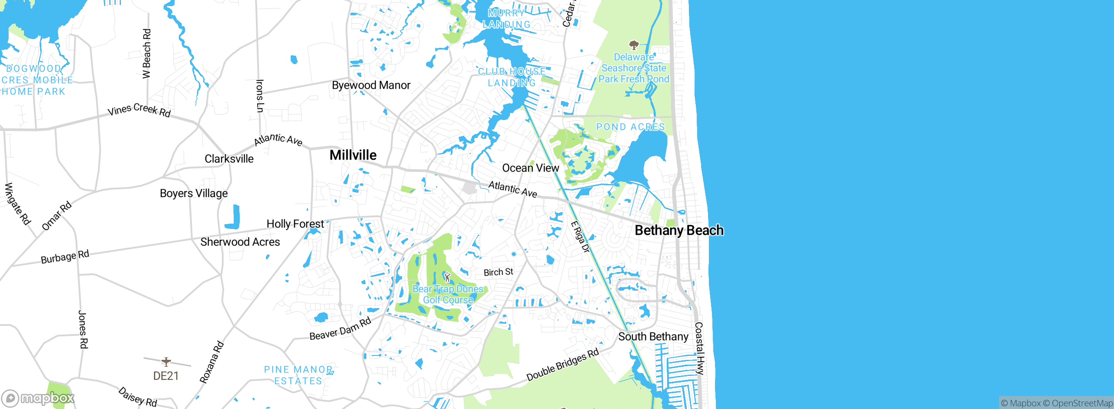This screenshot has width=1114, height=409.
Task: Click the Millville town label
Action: tap(353, 155)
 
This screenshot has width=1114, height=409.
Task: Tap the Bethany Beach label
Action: tap(679, 230)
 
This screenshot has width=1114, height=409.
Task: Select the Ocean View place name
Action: tap(530, 168)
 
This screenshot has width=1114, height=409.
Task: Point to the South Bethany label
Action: tap(653, 337)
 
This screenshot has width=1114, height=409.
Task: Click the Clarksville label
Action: tap(229, 159)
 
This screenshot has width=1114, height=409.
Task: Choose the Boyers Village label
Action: tap(194, 193)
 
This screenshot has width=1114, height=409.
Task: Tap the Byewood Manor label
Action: tap(371, 85)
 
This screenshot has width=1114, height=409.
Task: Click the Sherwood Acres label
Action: tap(240, 242)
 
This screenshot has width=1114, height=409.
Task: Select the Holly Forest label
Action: tap(295, 224)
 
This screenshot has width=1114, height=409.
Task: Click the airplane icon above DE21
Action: tap(166, 362)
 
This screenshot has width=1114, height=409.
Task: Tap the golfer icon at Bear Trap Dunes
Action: tap(447, 277)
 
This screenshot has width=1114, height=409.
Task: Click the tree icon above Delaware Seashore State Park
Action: tap(634, 45)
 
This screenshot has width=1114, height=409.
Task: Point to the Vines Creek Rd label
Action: tap(139, 110)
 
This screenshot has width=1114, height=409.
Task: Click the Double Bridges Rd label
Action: tap(562, 365)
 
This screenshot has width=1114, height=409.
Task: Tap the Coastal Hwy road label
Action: tap(699, 348)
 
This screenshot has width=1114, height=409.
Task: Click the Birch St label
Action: tap(498, 272)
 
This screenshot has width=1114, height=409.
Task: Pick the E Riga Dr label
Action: tap(580, 237)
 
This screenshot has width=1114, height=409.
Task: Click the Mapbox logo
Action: tap(38, 398)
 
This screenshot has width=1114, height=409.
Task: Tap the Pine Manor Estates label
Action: tap(299, 375)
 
